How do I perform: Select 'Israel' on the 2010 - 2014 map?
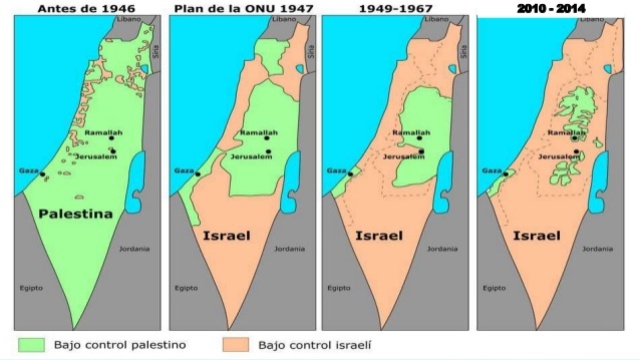pos(535,237)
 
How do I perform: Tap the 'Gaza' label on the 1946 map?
pos(28,171)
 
